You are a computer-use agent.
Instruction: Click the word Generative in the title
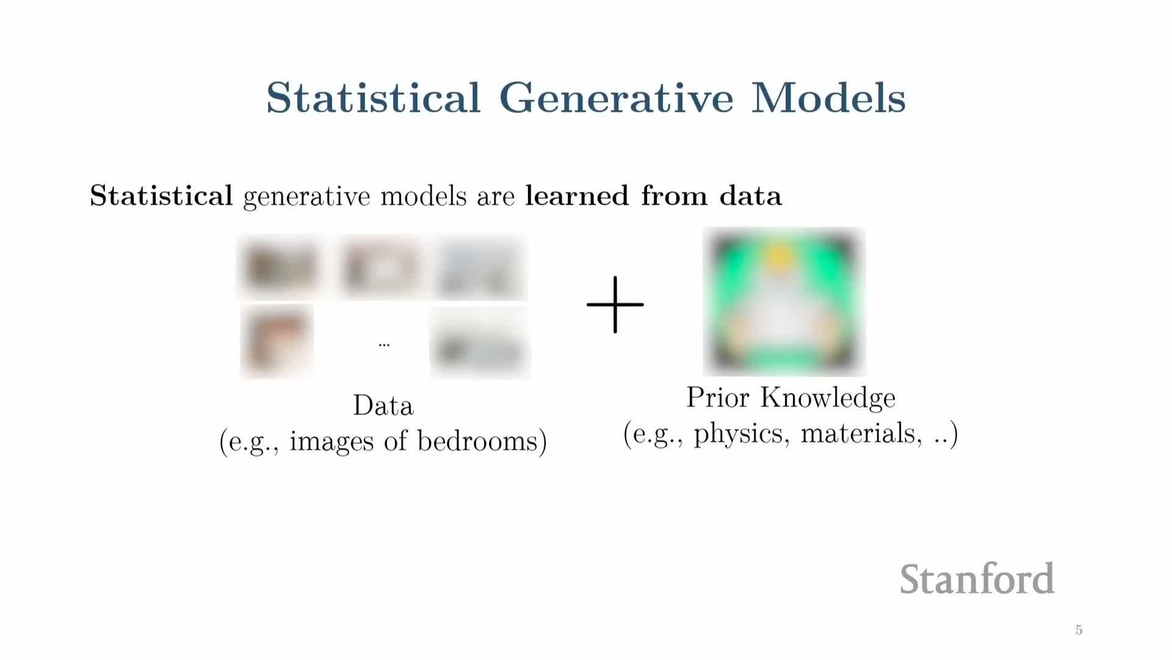(617, 98)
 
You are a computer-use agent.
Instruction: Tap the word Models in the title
(828, 98)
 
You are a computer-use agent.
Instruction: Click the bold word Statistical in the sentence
(161, 196)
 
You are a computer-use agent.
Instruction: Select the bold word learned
(577, 196)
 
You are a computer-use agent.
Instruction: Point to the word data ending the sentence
(750, 196)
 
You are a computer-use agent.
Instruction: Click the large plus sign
(615, 304)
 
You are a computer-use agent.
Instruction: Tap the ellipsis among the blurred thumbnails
(384, 345)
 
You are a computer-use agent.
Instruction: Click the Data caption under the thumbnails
(383, 406)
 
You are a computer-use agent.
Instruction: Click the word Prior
(718, 397)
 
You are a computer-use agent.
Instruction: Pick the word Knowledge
(828, 398)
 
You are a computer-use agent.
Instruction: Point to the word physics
(738, 435)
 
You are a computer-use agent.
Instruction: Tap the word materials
(858, 433)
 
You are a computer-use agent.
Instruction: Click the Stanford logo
(977, 579)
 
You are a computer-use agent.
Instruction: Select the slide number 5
(1079, 630)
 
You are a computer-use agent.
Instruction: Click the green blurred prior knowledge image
(784, 302)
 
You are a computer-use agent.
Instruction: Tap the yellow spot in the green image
(779, 257)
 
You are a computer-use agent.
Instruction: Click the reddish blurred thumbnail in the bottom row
(277, 342)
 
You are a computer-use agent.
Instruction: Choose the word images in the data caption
(331, 442)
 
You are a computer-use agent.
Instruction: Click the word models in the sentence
(423, 196)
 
